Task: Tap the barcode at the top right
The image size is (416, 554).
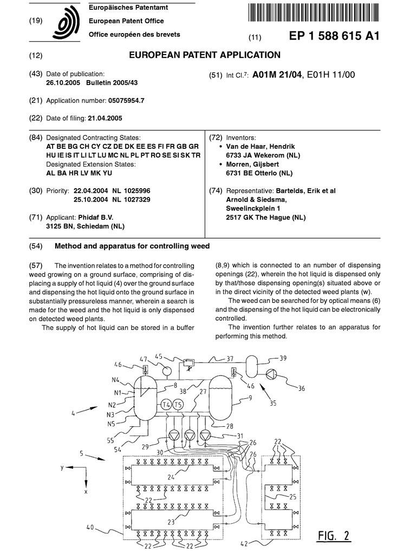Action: (314, 12)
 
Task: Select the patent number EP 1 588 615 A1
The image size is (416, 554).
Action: (334, 36)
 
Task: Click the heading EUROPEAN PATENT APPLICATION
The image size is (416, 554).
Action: (205, 55)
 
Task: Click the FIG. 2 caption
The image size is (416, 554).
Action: (334, 536)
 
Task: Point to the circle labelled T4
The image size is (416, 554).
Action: (166, 405)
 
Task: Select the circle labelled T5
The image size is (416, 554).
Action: (178, 405)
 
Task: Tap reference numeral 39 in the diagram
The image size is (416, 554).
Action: (283, 358)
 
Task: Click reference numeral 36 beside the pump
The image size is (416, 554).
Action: (301, 388)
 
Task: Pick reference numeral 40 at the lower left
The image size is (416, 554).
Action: (90, 526)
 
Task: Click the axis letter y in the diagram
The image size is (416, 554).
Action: (63, 466)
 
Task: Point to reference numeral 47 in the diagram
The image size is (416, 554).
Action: (144, 358)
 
